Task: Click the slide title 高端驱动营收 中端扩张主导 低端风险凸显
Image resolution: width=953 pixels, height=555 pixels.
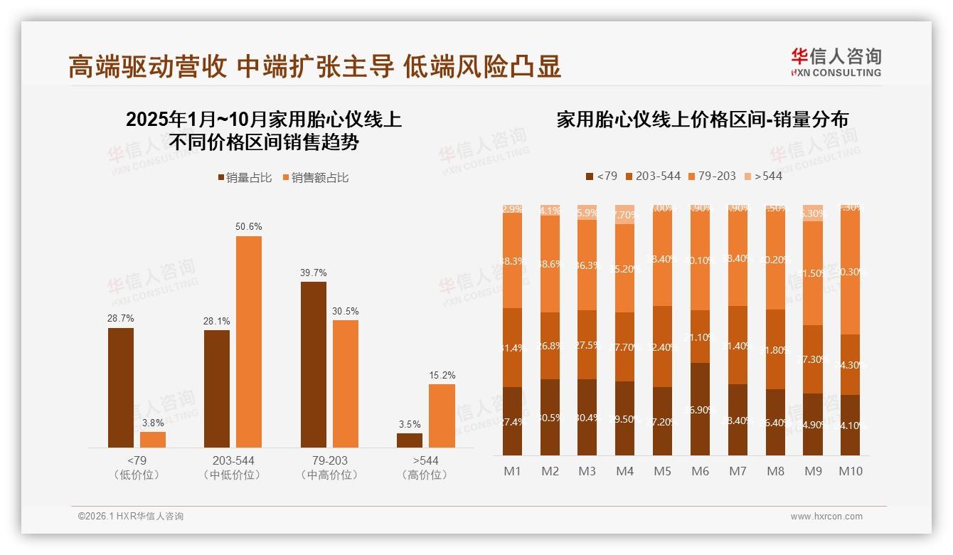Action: pos(314,66)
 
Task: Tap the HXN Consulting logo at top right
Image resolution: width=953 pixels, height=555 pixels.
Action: pos(836,63)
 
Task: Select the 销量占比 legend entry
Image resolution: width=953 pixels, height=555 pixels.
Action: pos(245,178)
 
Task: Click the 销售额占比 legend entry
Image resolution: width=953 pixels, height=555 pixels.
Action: pos(316,178)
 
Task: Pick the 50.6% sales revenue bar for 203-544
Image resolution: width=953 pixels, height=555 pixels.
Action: pos(249,342)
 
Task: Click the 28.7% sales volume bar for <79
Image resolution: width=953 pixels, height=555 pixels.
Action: pos(121,388)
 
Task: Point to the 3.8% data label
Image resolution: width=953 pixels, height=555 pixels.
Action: pos(153,423)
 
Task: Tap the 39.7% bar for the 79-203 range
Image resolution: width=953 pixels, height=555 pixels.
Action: pos(313,364)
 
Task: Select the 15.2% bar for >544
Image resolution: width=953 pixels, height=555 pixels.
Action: pos(442,416)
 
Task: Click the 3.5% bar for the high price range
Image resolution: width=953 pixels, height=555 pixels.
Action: pos(410,440)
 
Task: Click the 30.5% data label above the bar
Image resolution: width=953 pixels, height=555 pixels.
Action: pos(346,311)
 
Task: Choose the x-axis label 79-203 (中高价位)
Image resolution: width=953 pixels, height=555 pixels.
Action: pos(329,467)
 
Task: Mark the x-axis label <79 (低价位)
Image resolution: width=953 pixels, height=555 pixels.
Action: pos(137,467)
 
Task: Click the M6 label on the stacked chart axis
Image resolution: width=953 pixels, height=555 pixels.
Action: pos(701,471)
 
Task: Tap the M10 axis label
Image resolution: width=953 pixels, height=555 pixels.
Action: pos(851,471)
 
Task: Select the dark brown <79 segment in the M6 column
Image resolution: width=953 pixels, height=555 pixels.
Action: pos(701,409)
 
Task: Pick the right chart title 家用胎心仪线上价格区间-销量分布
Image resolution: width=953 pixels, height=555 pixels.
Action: pos(702,120)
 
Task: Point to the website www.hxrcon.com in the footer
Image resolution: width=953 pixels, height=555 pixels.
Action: pos(826,517)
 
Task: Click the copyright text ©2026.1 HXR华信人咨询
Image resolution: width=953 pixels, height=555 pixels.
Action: pos(130,517)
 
